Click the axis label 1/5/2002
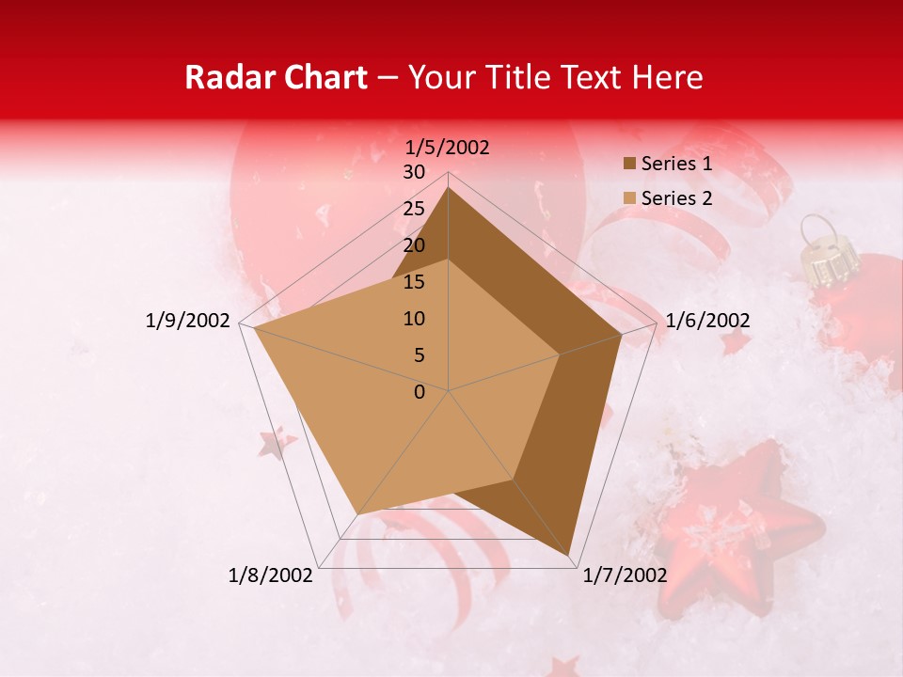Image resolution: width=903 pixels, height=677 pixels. (x=448, y=148)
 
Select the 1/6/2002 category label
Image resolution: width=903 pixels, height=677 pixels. (x=707, y=321)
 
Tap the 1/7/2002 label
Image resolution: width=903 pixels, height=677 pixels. (x=625, y=575)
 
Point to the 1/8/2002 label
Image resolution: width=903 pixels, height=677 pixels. (x=271, y=575)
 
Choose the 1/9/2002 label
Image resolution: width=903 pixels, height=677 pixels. (x=188, y=321)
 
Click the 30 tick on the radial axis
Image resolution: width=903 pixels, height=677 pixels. (x=414, y=172)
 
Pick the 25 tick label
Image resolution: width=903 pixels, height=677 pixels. (x=414, y=209)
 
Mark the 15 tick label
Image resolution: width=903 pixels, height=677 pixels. (x=414, y=282)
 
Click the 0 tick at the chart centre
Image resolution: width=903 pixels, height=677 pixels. (x=420, y=392)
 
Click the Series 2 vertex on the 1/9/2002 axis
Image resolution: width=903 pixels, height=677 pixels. (x=252, y=327)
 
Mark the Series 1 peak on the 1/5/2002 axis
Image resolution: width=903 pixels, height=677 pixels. (x=449, y=188)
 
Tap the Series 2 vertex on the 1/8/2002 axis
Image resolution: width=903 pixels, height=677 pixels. (x=357, y=514)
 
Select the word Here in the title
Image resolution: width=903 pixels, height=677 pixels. (x=666, y=77)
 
